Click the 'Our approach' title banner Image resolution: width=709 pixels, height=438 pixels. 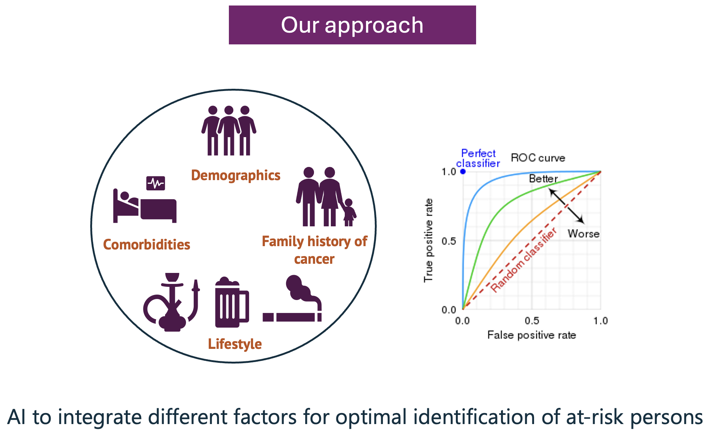(352, 25)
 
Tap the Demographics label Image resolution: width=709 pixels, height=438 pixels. (235, 175)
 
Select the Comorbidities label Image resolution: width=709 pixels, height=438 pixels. (146, 245)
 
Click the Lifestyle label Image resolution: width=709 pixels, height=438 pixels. (235, 344)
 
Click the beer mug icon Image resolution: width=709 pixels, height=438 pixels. (231, 303)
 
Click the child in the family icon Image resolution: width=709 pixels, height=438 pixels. (349, 213)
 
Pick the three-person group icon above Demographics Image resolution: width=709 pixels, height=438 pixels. (229, 131)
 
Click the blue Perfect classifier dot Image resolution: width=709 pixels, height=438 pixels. (463, 171)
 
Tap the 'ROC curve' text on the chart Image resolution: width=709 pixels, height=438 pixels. (538, 158)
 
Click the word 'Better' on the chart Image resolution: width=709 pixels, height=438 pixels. (543, 179)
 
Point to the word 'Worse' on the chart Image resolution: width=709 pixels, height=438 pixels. (583, 234)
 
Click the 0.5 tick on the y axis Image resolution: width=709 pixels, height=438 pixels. (449, 241)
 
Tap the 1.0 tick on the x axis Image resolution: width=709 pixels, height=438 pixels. (600, 321)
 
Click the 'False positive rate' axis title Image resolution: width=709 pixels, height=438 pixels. (531, 335)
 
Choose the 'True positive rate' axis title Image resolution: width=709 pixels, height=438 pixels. (428, 240)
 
